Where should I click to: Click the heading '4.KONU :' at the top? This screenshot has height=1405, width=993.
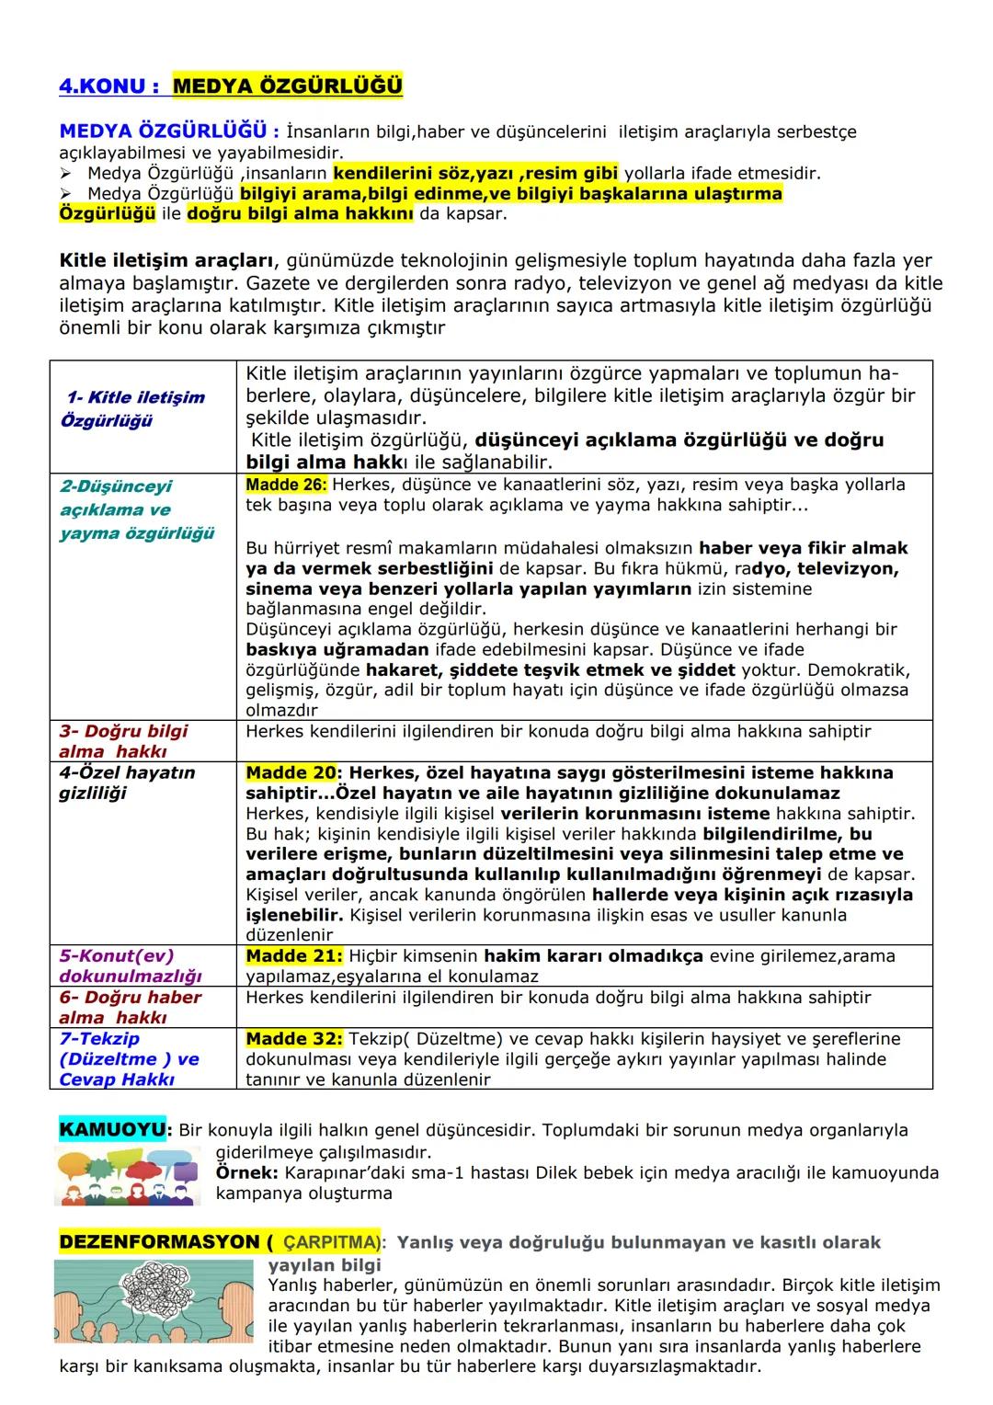(x=108, y=86)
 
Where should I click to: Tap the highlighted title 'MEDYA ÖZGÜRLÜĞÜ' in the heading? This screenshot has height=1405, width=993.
(x=287, y=86)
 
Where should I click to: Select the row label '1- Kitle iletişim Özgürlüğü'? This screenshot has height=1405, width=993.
(x=134, y=409)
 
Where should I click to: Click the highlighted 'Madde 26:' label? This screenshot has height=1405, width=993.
(x=286, y=485)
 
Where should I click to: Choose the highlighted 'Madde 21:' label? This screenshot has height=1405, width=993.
(x=293, y=956)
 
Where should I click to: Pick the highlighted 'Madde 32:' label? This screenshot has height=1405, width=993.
(x=293, y=1039)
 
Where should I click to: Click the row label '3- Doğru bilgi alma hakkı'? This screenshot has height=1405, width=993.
(x=123, y=741)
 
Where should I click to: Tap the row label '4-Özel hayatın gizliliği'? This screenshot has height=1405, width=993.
(x=127, y=782)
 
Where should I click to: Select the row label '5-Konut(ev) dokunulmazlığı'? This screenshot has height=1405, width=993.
(x=130, y=965)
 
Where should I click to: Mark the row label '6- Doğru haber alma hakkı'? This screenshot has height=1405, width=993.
(x=130, y=1007)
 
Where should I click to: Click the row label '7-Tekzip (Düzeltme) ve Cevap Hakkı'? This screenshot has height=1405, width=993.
(x=129, y=1059)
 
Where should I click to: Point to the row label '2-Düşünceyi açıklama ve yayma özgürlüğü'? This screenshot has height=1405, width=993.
(x=137, y=510)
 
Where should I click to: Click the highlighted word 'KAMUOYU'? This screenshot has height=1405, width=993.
(x=112, y=1130)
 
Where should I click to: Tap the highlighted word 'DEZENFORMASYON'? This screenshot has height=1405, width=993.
(x=159, y=1243)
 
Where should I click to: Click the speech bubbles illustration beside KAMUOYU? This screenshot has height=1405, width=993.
(x=127, y=1175)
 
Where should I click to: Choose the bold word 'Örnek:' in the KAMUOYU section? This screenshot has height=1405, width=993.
(x=246, y=1173)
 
